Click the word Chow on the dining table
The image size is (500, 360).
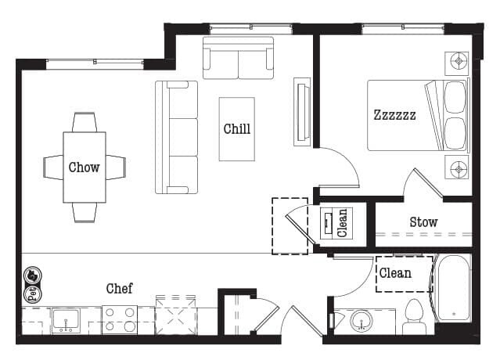pyautogui.click(x=84, y=167)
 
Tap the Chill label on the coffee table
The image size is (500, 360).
pyautogui.click(x=237, y=129)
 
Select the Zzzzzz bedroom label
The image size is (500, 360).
pyautogui.click(x=395, y=115)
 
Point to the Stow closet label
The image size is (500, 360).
pyautogui.click(x=423, y=222)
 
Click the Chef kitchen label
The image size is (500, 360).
pyautogui.click(x=119, y=288)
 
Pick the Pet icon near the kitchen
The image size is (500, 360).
pyautogui.click(x=33, y=284)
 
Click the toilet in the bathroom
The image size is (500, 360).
pyautogui.click(x=414, y=317)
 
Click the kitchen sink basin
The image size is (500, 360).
pyautogui.click(x=66, y=320)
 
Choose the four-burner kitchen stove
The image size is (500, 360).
pyautogui.click(x=120, y=320)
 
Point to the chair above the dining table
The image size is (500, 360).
pyautogui.click(x=85, y=122)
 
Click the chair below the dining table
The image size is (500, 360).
pyautogui.click(x=85, y=212)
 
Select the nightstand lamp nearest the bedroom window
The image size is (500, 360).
pyautogui.click(x=457, y=63)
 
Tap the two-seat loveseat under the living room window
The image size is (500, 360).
pyautogui.click(x=238, y=58)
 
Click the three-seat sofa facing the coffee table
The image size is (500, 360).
pyautogui.click(x=176, y=137)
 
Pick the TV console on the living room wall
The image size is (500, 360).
pyautogui.click(x=302, y=112)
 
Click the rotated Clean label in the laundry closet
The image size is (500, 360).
pyautogui.click(x=342, y=223)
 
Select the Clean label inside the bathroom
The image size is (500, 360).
pyautogui.click(x=395, y=273)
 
